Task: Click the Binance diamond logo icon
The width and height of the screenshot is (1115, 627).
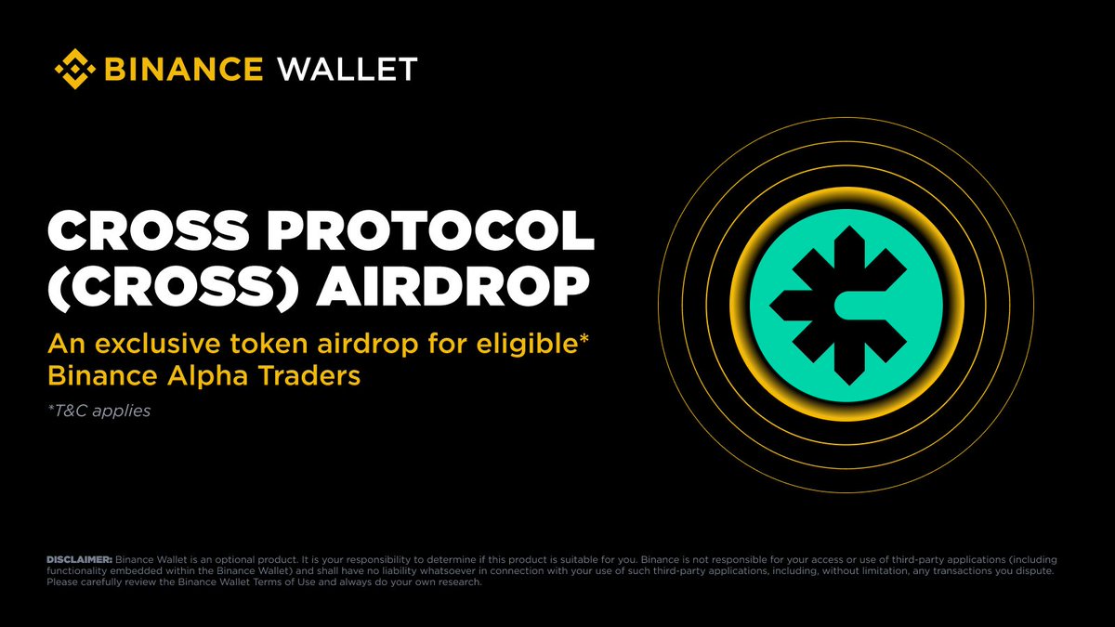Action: tap(74, 69)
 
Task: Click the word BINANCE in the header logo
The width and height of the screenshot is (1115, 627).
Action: tap(184, 69)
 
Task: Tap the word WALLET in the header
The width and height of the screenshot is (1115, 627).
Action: tap(348, 69)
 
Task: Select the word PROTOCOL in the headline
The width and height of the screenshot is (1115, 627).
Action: tap(431, 230)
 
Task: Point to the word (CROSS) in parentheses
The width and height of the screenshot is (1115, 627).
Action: tap(173, 287)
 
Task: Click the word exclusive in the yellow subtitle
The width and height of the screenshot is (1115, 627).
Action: tap(158, 344)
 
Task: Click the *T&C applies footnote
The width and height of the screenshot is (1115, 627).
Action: tap(99, 411)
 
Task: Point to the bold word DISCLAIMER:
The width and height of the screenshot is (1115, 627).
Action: tap(80, 560)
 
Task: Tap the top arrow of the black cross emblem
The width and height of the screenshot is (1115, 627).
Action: tap(849, 252)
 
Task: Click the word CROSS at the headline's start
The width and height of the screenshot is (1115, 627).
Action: tap(148, 230)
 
